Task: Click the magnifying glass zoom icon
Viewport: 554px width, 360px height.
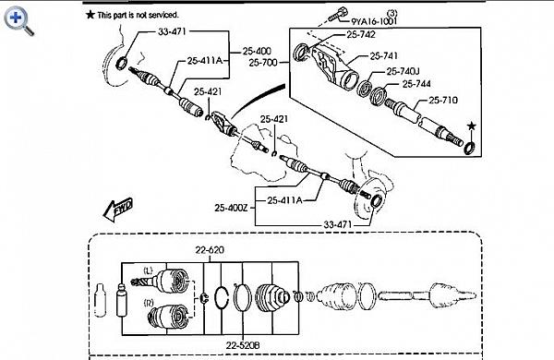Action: [18, 21]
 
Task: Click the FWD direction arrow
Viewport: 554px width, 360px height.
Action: [118, 210]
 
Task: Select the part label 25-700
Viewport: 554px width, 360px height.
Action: [263, 63]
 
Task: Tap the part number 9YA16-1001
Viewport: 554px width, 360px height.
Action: [374, 21]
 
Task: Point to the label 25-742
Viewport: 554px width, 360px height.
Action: [361, 35]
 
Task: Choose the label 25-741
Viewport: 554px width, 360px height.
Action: [384, 55]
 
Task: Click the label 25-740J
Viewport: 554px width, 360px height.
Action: [403, 71]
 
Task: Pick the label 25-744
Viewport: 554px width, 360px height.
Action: [416, 84]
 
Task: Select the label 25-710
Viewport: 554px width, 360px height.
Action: [443, 101]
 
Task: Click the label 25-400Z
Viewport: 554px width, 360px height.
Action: [231, 208]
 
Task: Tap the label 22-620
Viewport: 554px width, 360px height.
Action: [210, 250]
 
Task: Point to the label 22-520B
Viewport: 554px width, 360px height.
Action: [243, 345]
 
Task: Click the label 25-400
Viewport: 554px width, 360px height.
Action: [257, 51]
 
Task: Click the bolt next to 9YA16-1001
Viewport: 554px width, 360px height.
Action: [338, 14]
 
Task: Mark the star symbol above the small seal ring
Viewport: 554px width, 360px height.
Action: [471, 126]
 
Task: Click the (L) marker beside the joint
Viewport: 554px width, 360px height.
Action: [148, 271]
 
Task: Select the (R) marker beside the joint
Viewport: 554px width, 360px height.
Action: [149, 303]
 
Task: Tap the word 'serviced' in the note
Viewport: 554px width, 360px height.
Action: [163, 15]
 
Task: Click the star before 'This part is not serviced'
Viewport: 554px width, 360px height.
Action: [90, 15]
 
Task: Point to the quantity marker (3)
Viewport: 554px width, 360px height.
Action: [391, 13]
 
